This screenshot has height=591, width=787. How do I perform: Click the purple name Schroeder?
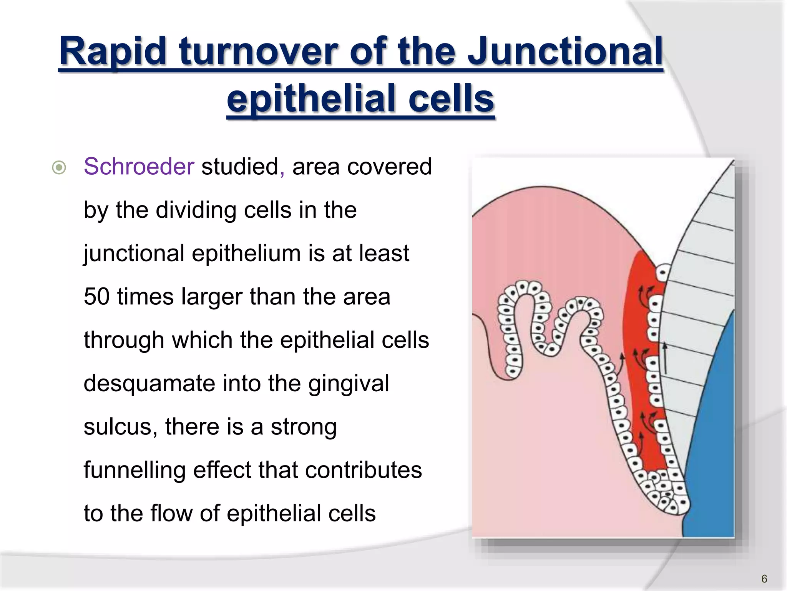(139, 167)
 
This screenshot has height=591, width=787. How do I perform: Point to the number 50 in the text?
(96, 297)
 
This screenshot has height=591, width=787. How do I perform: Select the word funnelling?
(134, 470)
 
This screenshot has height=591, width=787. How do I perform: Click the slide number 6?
(764, 579)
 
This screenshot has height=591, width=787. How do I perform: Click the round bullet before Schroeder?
(59, 168)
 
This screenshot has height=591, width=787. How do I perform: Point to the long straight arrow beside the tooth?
(665, 358)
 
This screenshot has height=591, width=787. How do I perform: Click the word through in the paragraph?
(124, 340)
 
